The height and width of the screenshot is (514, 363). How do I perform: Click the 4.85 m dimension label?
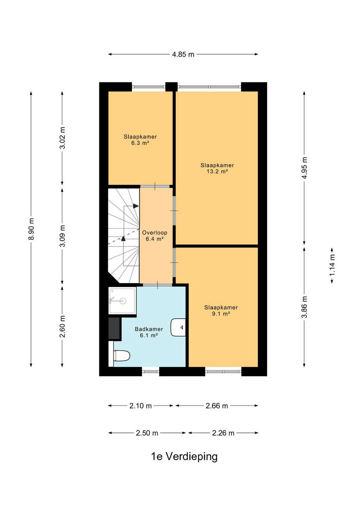(183, 54)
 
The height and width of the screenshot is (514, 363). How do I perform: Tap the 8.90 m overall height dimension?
(31, 229)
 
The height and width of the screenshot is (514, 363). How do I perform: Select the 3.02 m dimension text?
(62, 138)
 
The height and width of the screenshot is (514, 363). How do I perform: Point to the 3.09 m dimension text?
(62, 236)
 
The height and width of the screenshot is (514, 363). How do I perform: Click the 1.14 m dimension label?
(332, 265)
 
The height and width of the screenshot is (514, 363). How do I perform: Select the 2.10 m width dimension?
(140, 406)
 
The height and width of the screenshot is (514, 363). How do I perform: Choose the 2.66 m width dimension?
(217, 406)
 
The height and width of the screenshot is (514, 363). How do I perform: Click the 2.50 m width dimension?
(147, 433)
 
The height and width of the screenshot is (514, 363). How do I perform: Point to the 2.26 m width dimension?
(223, 433)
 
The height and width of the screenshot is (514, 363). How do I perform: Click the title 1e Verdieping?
(184, 457)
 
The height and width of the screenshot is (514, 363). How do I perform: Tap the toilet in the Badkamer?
(122, 356)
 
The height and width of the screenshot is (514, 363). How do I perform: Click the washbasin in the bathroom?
(178, 327)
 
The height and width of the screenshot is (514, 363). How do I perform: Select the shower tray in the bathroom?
(123, 301)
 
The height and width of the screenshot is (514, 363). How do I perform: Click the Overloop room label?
(155, 236)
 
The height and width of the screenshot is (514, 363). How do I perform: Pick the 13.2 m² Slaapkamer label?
(217, 168)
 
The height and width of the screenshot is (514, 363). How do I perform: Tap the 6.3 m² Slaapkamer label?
(140, 140)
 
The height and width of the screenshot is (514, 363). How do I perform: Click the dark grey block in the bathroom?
(114, 328)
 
